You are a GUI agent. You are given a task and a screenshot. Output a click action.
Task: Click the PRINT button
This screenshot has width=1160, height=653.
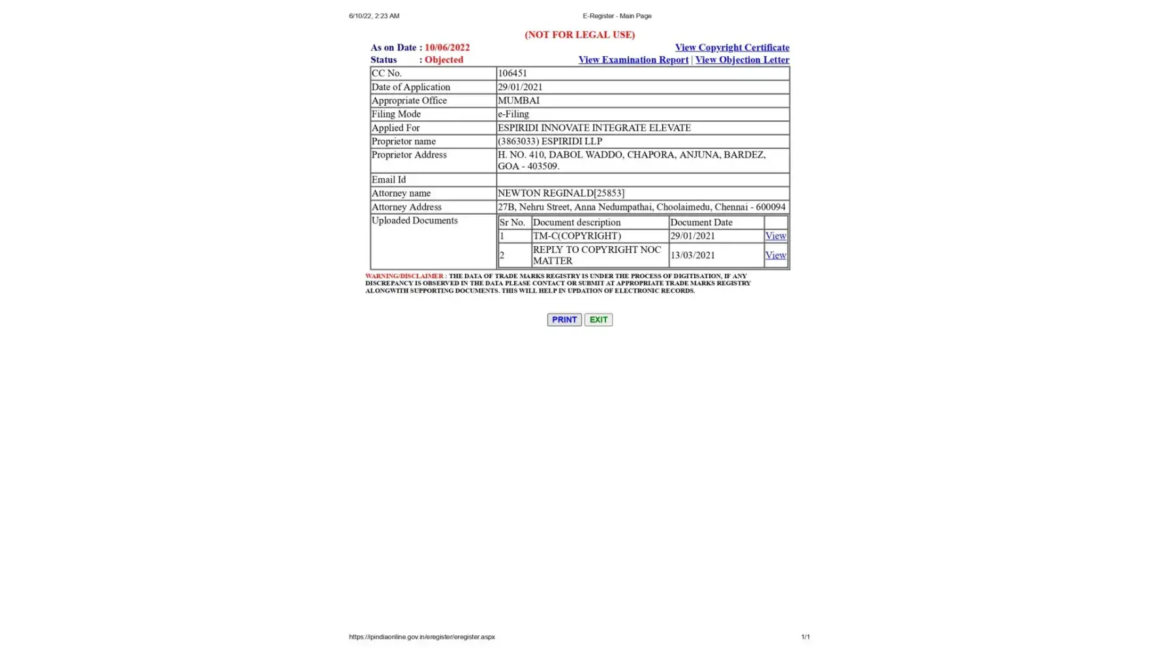pos(564,319)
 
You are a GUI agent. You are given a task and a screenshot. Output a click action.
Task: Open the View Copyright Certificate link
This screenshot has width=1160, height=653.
pos(731,48)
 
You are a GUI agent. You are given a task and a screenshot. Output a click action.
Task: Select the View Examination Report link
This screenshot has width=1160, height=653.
pos(633,60)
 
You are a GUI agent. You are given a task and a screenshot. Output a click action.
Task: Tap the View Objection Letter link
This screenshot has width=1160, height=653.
pos(742,60)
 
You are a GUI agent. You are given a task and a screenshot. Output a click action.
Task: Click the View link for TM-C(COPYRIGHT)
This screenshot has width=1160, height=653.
pos(775,236)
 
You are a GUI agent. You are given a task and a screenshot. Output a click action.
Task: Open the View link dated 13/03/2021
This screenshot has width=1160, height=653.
pos(775,255)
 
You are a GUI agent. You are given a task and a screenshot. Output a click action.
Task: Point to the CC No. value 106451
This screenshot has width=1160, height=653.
pos(512,73)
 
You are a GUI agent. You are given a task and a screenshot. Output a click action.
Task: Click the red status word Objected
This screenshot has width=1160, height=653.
pos(444,60)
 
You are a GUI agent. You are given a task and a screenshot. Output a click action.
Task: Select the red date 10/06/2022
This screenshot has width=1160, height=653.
pos(447,48)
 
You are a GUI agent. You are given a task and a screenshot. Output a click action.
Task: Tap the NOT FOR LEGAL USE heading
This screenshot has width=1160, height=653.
pos(579,35)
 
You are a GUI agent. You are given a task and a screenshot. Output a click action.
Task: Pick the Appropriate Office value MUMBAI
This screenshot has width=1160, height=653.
pos(519,101)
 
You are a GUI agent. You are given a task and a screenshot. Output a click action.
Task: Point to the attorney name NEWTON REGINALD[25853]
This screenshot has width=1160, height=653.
pos(560,193)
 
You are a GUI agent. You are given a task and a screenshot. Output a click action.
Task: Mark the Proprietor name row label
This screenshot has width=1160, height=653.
pos(403,142)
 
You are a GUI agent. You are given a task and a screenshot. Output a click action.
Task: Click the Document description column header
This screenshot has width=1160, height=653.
pos(577,223)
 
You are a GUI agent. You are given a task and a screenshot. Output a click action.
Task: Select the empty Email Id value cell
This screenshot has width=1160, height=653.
pos(642,180)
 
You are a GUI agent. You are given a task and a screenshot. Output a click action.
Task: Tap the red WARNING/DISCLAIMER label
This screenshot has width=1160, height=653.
pos(404,276)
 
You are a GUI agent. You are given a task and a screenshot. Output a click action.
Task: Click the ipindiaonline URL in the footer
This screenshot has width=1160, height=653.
pos(421,637)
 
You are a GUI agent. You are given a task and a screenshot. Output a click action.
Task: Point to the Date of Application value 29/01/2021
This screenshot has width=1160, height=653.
pos(520,87)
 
